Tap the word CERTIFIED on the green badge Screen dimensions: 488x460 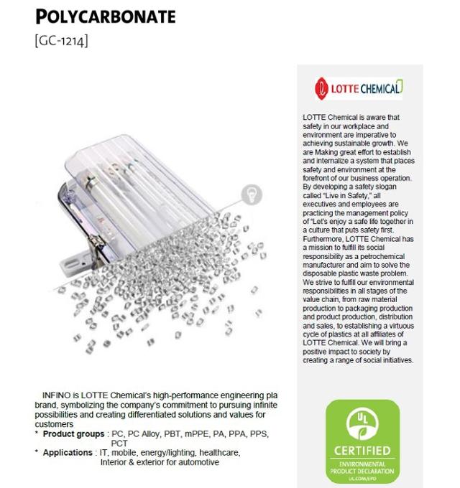pyautogui.click(x=363, y=451)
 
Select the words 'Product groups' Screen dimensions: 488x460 pyautogui.click(x=74, y=434)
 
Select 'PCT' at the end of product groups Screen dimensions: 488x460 pyautogui.click(x=119, y=444)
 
